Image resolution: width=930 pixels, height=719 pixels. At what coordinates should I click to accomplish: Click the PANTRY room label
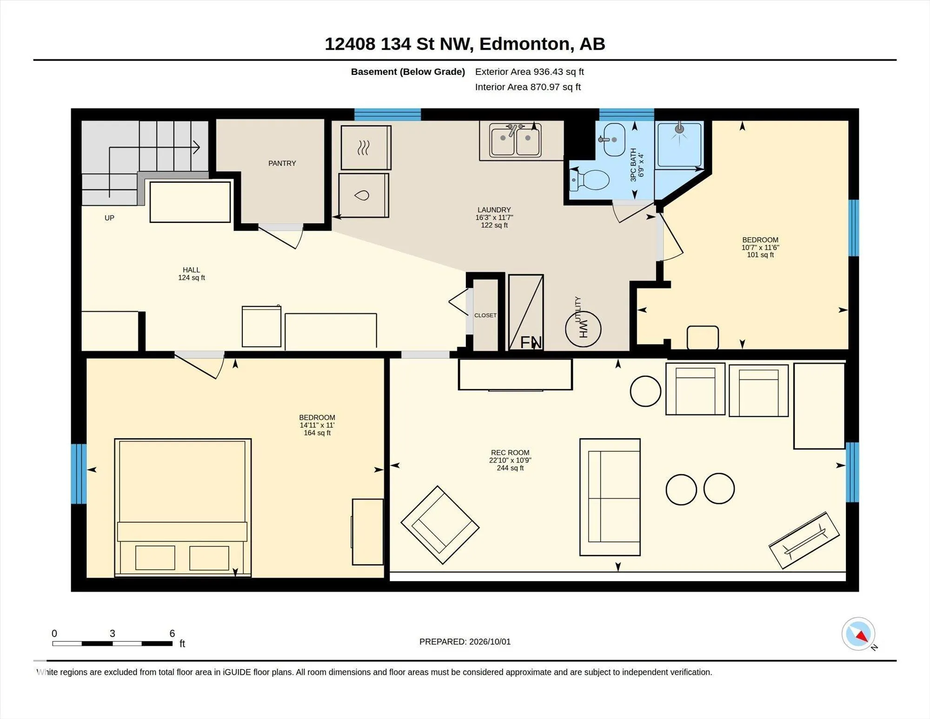click(282, 163)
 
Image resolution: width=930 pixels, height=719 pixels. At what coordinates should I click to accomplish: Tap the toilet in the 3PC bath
click(589, 180)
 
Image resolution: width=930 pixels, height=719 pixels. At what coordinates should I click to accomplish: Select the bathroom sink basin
click(612, 140)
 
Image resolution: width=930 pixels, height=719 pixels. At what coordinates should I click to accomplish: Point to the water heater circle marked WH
click(583, 329)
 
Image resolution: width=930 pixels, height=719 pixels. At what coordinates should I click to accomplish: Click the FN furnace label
click(531, 343)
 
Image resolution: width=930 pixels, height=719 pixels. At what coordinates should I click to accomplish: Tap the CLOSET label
click(485, 316)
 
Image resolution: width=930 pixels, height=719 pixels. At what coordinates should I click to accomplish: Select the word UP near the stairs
click(109, 218)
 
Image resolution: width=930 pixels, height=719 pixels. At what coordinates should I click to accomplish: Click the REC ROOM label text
click(510, 452)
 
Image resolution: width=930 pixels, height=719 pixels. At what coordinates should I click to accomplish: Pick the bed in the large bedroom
click(183, 508)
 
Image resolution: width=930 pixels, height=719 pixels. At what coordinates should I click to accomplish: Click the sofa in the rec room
click(610, 497)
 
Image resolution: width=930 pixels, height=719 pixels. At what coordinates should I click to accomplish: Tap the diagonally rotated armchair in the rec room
click(440, 525)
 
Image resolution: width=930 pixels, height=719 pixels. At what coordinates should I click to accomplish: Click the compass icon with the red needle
click(858, 634)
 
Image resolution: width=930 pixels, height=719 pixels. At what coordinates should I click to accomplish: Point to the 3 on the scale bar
click(113, 633)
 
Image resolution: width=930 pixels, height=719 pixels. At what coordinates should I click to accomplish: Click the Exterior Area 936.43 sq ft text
click(529, 72)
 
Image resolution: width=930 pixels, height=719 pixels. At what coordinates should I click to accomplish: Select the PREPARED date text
click(465, 642)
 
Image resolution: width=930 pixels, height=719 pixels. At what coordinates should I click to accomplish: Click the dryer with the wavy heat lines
click(366, 148)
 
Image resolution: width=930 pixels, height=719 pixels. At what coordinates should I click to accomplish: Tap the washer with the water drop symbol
click(364, 195)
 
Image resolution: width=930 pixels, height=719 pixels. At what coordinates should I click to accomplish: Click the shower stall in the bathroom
click(679, 145)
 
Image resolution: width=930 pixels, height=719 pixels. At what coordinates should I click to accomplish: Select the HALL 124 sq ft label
click(191, 274)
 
